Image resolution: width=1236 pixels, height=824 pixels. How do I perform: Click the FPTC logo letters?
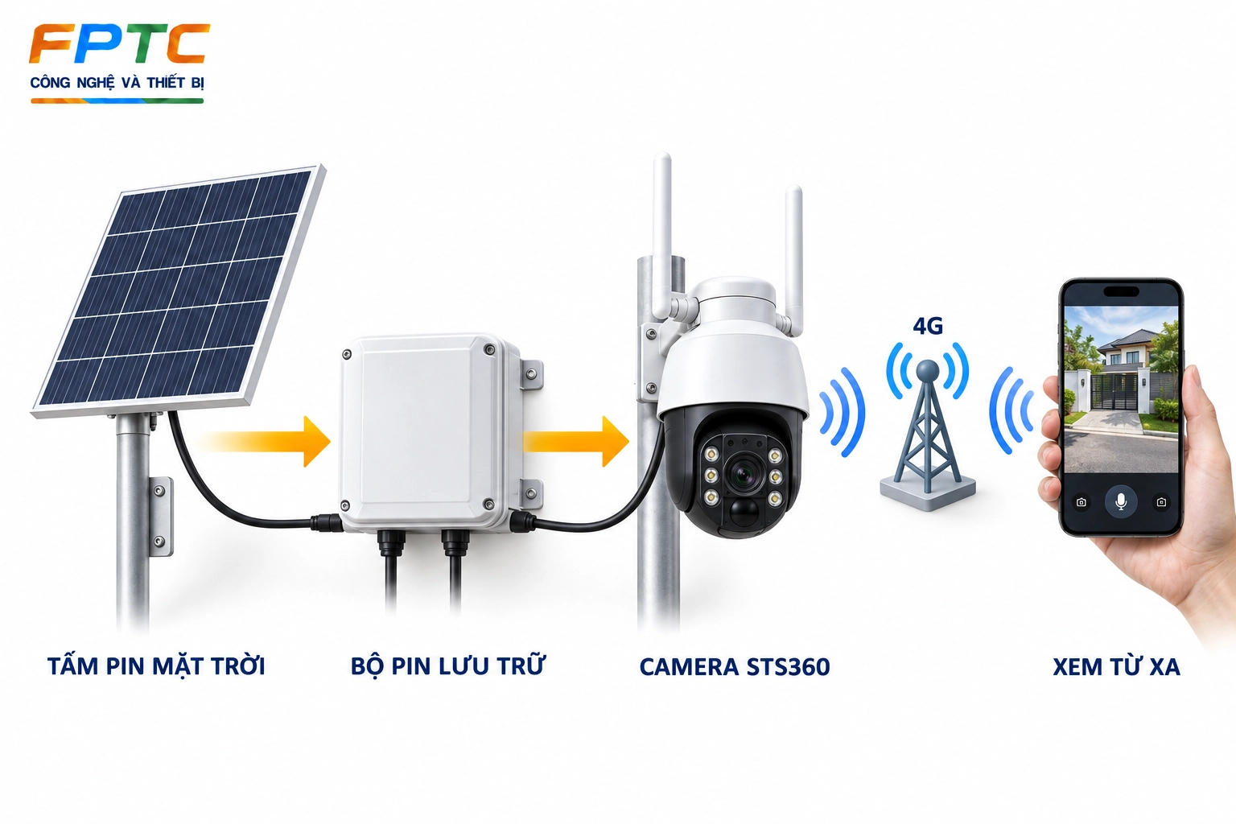(119, 44)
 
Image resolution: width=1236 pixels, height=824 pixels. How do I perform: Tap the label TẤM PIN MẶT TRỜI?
(156, 666)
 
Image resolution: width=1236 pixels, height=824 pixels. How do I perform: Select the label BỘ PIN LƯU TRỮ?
(447, 665)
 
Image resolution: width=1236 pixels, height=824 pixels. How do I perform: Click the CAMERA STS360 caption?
(735, 667)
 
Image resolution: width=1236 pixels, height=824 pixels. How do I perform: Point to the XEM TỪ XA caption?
(1116, 666)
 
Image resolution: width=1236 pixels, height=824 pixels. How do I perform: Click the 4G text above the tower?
(928, 326)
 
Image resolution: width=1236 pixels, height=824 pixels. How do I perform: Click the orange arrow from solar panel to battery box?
(265, 442)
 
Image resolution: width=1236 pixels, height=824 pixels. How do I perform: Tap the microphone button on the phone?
(1121, 501)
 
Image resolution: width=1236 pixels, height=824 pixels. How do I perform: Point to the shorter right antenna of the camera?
(794, 259)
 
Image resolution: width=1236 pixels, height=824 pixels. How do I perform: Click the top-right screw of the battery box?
(489, 349)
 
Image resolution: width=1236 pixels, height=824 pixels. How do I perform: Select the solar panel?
(178, 290)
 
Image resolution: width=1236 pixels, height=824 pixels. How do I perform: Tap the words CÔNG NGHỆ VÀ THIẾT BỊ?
(117, 84)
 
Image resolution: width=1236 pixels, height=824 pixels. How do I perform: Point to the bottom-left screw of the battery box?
(345, 505)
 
